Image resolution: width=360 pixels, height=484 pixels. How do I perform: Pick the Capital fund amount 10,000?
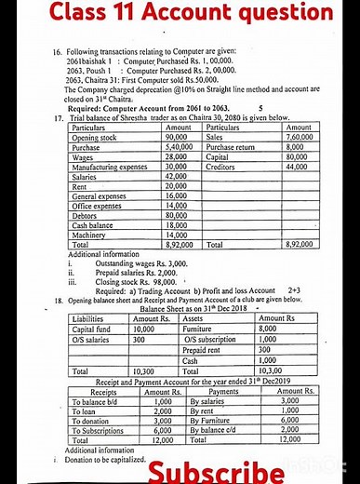point(143,329)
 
